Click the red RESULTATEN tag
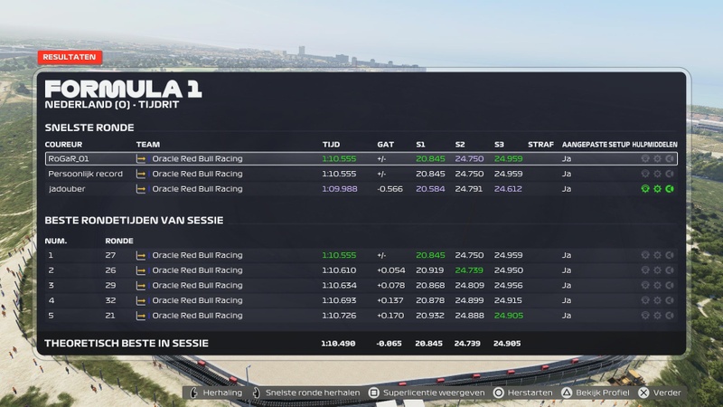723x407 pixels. (70, 57)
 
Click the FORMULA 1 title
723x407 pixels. (123, 89)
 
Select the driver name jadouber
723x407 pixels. (67, 189)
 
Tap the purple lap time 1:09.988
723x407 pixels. (340, 189)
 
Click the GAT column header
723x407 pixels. (386, 145)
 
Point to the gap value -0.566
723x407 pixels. (390, 189)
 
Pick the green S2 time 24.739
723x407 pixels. (469, 270)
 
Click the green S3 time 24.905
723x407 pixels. (508, 316)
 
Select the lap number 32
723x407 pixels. (110, 300)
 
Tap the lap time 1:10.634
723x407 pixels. (339, 286)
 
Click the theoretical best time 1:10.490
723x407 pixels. (338, 344)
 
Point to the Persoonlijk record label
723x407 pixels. (85, 174)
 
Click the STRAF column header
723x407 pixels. (540, 145)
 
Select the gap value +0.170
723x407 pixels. (390, 316)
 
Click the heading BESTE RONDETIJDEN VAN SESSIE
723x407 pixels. (134, 220)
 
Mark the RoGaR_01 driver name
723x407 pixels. (69, 159)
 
